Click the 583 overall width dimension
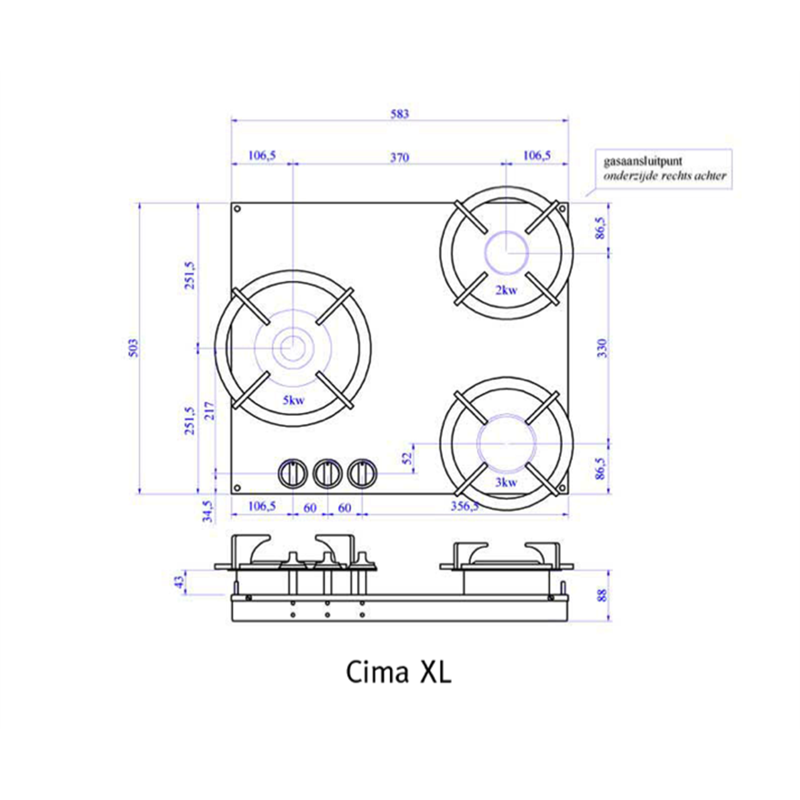[x=399, y=114]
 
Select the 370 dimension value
[x=399, y=157]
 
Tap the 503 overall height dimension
[x=133, y=348]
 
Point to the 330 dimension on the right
[x=602, y=348]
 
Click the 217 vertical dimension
[x=210, y=411]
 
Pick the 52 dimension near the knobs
[x=407, y=458]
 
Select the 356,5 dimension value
[x=464, y=506]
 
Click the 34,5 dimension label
[x=208, y=510]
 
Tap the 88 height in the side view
[x=602, y=595]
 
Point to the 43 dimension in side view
[x=180, y=582]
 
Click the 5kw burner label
[x=293, y=400]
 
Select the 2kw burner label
[x=506, y=290]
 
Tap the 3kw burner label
[x=506, y=482]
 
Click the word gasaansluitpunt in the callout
[x=643, y=161]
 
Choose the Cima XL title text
[x=399, y=672]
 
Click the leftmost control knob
[x=293, y=473]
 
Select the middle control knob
[x=327, y=473]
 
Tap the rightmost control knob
[x=362, y=473]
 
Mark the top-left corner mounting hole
[x=238, y=209]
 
